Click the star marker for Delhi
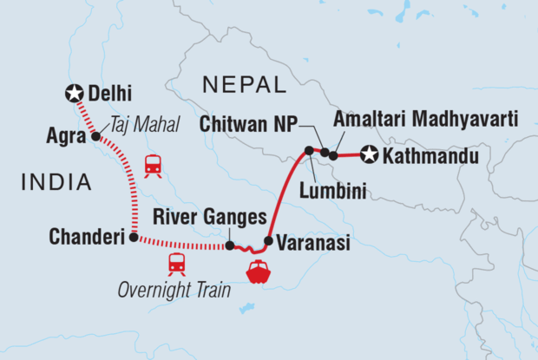tap(75, 93)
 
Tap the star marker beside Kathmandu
tap(370, 156)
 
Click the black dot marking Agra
tap(95, 136)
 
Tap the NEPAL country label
tap(243, 85)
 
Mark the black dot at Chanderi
tap(133, 237)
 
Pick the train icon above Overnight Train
tap(177, 263)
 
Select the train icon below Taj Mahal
tap(154, 164)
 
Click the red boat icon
tap(259, 272)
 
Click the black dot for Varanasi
tap(269, 241)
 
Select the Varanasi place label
tap(313, 244)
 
